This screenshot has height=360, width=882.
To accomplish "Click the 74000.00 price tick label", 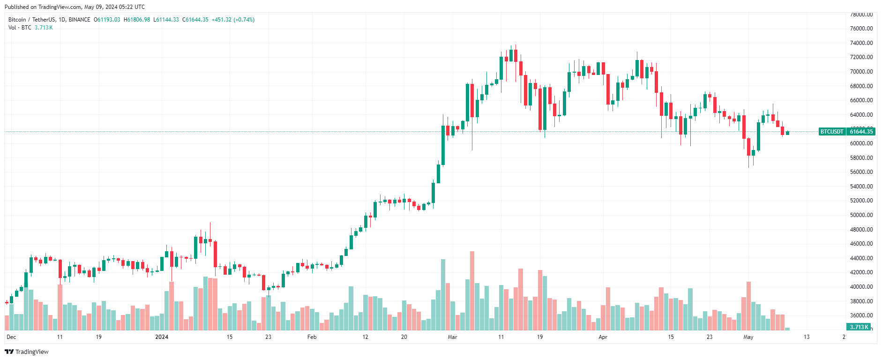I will click(861, 43).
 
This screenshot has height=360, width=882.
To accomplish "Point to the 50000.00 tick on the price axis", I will click(861, 215).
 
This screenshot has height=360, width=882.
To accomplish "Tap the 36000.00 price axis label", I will click(861, 315).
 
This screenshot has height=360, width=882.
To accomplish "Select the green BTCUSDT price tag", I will click(832, 132).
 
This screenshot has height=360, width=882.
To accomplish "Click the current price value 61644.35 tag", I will click(861, 132).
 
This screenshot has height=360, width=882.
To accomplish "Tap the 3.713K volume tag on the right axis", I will click(859, 327).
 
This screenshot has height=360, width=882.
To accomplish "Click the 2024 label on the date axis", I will click(162, 337).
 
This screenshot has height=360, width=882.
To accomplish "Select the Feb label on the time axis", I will click(312, 337).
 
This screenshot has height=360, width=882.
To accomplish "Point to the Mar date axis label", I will click(452, 337).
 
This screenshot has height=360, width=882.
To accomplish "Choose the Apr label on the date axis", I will click(603, 337).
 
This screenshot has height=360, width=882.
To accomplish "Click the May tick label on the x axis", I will click(748, 337).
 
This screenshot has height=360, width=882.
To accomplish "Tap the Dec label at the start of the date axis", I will click(11, 337).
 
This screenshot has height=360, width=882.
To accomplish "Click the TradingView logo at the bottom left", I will click(27, 352).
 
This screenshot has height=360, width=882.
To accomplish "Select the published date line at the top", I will click(75, 7).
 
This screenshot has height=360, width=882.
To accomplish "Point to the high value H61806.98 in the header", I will click(137, 20).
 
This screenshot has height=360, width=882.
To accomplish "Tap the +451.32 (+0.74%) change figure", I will click(233, 20).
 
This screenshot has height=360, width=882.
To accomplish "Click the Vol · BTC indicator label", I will click(20, 28).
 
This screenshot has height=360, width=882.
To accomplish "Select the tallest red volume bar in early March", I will click(472, 291).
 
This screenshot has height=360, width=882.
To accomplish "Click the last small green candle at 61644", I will click(787, 133).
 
